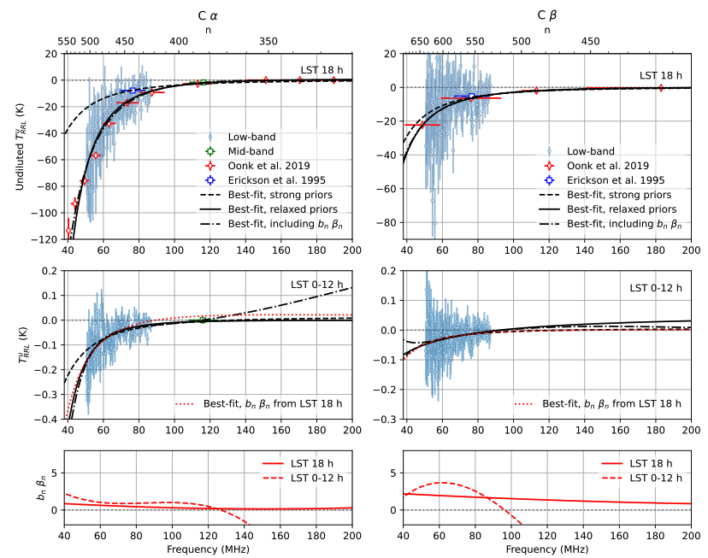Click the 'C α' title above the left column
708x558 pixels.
click(208, 15)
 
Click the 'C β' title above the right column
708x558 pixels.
click(547, 15)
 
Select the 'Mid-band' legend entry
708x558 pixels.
click(249, 150)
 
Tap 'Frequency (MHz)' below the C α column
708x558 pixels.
click(208, 549)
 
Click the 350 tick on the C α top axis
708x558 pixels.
click(268, 41)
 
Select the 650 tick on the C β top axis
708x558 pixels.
click(420, 41)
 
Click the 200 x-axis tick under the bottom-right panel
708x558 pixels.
click(690, 536)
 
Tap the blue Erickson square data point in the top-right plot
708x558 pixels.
click(471, 96)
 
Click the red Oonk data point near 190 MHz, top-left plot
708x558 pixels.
click(334, 79)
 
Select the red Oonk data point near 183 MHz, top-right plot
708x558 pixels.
click(660, 87)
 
